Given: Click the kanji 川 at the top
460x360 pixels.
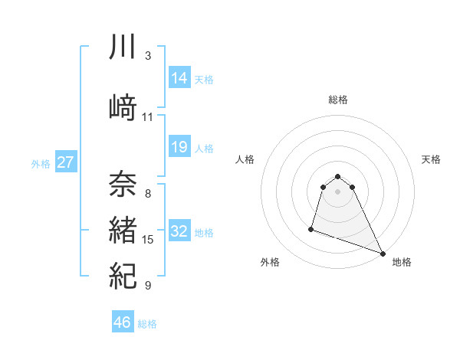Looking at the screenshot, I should pyautogui.click(x=123, y=47).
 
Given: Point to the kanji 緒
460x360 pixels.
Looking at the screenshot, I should pyautogui.click(x=123, y=231).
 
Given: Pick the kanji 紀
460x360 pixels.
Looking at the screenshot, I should pyautogui.click(x=123, y=275).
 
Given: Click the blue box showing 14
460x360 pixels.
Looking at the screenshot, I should pyautogui.click(x=179, y=77).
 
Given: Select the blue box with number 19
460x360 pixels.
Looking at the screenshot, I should pyautogui.click(x=179, y=147).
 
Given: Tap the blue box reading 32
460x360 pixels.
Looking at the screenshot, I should pyautogui.click(x=179, y=231).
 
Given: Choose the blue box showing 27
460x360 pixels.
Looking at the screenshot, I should pyautogui.click(x=66, y=162).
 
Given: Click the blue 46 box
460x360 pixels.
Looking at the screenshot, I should pyautogui.click(x=123, y=322).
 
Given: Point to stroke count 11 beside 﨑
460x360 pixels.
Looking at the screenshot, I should pyautogui.click(x=148, y=117).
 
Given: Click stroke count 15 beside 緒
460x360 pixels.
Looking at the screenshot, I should pyautogui.click(x=148, y=240).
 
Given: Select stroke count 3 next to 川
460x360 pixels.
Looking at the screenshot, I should pyautogui.click(x=148, y=56).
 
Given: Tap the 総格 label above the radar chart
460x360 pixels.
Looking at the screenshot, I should pyautogui.click(x=338, y=100).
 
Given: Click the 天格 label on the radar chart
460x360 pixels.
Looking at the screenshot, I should pyautogui.click(x=431, y=159).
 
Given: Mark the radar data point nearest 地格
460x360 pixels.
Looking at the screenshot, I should pyautogui.click(x=383, y=254).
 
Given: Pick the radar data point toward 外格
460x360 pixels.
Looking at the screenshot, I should pyautogui.click(x=311, y=228).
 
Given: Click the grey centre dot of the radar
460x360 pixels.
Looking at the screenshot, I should pyautogui.click(x=338, y=191).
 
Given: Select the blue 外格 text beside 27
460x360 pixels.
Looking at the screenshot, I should pyautogui.click(x=40, y=163).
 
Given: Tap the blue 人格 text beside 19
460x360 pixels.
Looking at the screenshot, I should pyautogui.click(x=204, y=148).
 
